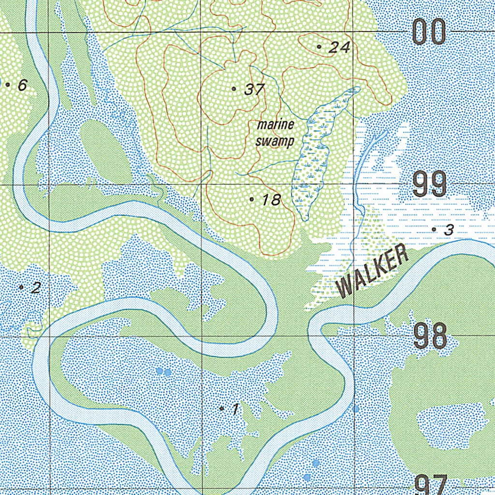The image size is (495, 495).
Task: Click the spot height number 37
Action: tap(255, 89)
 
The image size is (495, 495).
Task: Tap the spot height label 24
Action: tap(339, 47)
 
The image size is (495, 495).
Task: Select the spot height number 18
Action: tap(272, 200)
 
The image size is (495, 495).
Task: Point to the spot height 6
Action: tap(22, 86)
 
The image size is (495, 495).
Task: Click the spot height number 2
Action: tap(35, 289)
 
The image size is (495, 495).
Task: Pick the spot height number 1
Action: tap(234, 409)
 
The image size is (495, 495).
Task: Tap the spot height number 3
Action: tap(449, 230)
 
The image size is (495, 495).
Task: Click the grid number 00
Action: tap(430, 33)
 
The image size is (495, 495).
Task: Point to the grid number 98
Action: tap(430, 336)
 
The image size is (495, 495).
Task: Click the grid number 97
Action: tap(431, 485)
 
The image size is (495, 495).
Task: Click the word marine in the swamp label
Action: tap(276, 125)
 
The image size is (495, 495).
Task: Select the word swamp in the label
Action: tap(275, 142)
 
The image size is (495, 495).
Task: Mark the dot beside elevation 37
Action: tap(234, 88)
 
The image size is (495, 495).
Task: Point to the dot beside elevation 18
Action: tap(252, 199)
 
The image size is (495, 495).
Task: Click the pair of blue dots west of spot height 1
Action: tap(163, 372)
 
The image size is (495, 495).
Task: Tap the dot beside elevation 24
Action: tap(319, 46)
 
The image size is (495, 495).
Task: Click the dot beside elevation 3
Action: tap(434, 229)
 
